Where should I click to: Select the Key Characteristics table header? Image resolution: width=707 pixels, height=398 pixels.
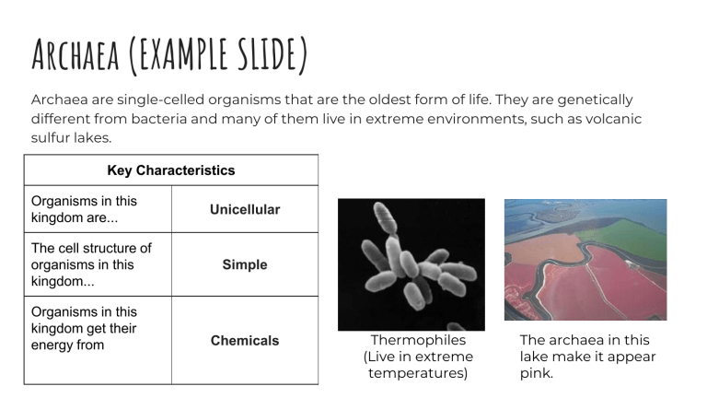tap(171, 170)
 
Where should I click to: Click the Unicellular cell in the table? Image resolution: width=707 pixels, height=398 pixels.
tap(245, 209)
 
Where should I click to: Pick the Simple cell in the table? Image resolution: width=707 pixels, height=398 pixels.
tap(245, 264)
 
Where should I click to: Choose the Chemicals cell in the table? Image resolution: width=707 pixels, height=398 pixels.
tap(245, 340)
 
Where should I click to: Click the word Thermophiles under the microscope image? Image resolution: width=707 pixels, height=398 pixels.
tap(418, 340)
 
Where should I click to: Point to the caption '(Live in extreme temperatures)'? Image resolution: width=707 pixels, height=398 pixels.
tap(418, 365)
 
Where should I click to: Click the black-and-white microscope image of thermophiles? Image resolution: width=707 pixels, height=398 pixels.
tap(411, 264)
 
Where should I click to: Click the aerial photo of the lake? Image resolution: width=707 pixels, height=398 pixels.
tap(585, 259)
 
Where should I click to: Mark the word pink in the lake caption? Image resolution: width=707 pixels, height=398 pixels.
tap(537, 373)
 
